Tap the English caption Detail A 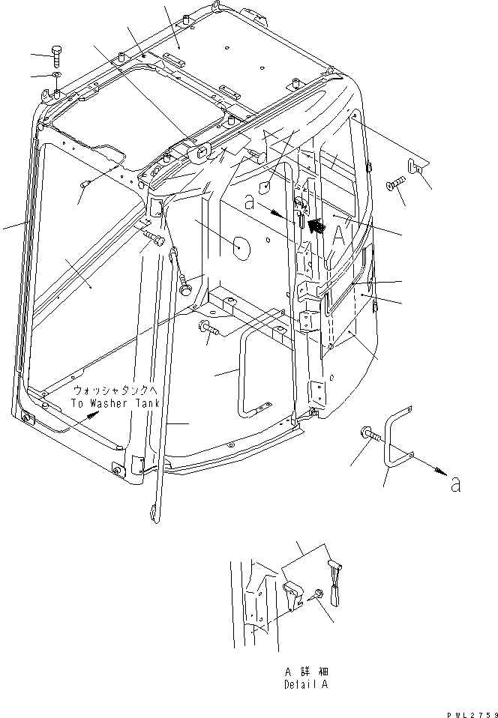305,684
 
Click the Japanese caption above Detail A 306,672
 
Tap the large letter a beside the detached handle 457,485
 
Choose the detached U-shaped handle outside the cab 397,442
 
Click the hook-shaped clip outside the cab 418,166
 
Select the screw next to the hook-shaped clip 395,184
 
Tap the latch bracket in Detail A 294,584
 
